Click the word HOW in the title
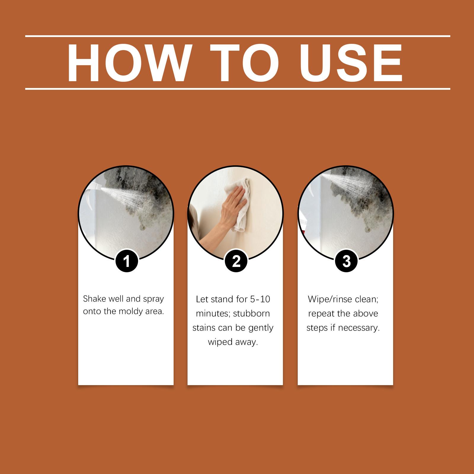tap(127, 63)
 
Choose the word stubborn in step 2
tap(252, 313)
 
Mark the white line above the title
tap(238, 36)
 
